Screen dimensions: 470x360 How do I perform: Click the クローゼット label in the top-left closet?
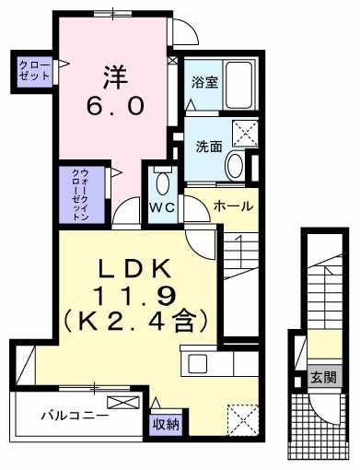pyautogui.click(x=33, y=71)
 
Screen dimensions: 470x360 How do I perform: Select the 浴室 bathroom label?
pyautogui.click(x=204, y=81)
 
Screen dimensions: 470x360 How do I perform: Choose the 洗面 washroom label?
pyautogui.click(x=207, y=146)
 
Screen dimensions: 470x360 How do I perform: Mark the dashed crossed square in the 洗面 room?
pyautogui.click(x=244, y=135)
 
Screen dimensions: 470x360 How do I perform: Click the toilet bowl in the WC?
pyautogui.click(x=164, y=180)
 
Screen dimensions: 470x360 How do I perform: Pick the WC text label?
pyautogui.click(x=162, y=206)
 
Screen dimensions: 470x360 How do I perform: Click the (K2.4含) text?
pyautogui.click(x=139, y=323)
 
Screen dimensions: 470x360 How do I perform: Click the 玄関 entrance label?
pyautogui.click(x=322, y=377)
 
